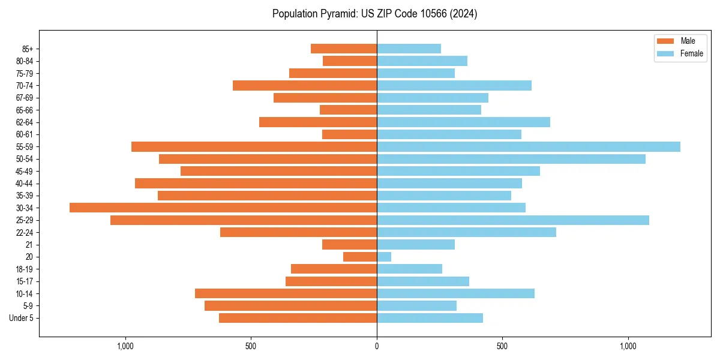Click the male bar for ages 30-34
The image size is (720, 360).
[223, 208]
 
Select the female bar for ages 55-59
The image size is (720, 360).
[528, 146]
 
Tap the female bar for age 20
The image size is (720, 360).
[384, 257]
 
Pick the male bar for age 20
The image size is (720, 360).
[360, 257]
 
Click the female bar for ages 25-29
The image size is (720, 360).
[512, 220]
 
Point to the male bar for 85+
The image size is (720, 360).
[344, 49]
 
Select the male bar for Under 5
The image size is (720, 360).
[298, 318]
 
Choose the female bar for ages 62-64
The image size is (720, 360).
[463, 122]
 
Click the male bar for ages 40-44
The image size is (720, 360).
[256, 183]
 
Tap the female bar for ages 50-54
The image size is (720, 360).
[511, 159]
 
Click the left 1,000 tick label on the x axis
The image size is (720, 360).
[125, 347]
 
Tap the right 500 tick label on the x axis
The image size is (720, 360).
[502, 347]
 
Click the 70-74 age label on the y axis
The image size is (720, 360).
[25, 86]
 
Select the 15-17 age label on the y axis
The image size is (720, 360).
[25, 281]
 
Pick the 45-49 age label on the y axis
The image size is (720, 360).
[25, 171]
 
